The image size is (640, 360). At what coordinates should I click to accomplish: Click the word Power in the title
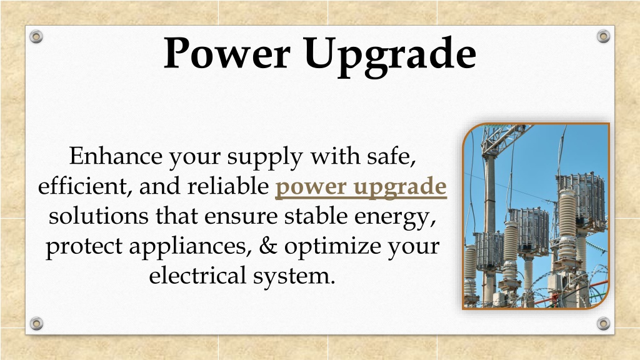pyautogui.click(x=227, y=53)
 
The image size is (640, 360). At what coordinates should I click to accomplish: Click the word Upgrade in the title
pyautogui.click(x=390, y=56)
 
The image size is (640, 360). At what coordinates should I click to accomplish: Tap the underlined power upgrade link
pyautogui.click(x=361, y=187)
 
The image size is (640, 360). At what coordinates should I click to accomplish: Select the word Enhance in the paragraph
pyautogui.click(x=116, y=156)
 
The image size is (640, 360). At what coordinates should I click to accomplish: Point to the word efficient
pyautogui.click(x=82, y=186)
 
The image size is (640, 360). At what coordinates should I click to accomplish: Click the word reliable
pyautogui.click(x=227, y=186)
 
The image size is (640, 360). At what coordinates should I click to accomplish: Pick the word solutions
pyautogui.click(x=98, y=216)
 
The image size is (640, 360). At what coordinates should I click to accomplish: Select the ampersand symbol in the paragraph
pyautogui.click(x=268, y=246)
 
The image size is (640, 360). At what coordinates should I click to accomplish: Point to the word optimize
pyautogui.click(x=332, y=247)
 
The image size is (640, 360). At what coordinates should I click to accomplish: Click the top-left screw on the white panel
pyautogui.click(x=36, y=36)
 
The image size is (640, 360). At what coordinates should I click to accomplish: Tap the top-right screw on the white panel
pyautogui.click(x=603, y=36)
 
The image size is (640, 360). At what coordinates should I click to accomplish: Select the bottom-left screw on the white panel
pyautogui.click(x=36, y=323)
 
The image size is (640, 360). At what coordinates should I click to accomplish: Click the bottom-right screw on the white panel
pyautogui.click(x=603, y=323)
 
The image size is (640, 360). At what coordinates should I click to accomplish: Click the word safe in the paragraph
pyautogui.click(x=391, y=156)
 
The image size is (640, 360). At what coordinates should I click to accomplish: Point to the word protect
pyautogui.click(x=84, y=247)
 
